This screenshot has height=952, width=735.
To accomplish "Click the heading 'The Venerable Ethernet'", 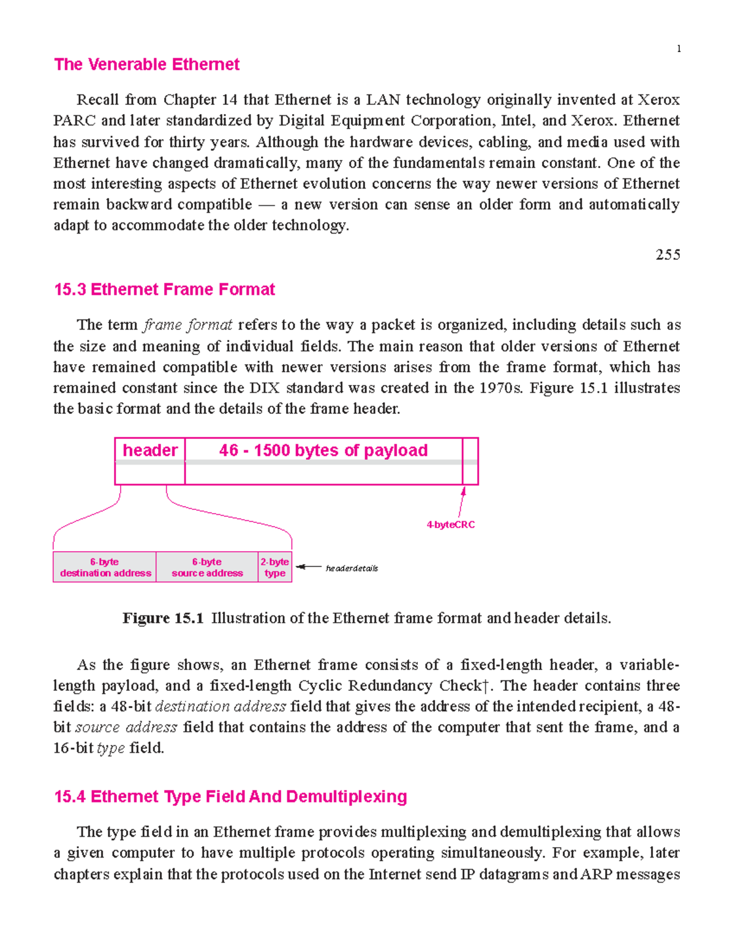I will tap(146, 64).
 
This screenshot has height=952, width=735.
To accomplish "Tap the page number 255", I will tap(668, 255).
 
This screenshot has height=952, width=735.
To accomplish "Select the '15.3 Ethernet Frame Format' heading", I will tap(164, 289).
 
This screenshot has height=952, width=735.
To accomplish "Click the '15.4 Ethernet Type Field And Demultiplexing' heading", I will tap(230, 796).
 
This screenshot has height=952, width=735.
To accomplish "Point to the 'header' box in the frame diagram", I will tap(150, 451).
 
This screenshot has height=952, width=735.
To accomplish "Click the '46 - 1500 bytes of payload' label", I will tap(323, 451).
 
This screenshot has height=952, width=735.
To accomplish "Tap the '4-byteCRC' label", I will tap(451, 525).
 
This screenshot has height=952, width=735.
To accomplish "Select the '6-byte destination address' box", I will tap(105, 567).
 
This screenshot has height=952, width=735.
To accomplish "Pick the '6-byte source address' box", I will tap(207, 567).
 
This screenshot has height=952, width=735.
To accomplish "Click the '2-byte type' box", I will tap(275, 567).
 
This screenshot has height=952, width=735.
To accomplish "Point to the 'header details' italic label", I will tap(352, 568).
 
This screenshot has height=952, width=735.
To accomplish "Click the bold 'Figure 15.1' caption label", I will tap(163, 618).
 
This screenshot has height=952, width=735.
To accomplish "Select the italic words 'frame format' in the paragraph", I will tap(188, 325).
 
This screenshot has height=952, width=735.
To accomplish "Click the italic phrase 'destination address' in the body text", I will tap(221, 706).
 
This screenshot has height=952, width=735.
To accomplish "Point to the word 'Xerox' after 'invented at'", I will tap(659, 100).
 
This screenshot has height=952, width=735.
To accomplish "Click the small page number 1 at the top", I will tap(679, 49).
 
